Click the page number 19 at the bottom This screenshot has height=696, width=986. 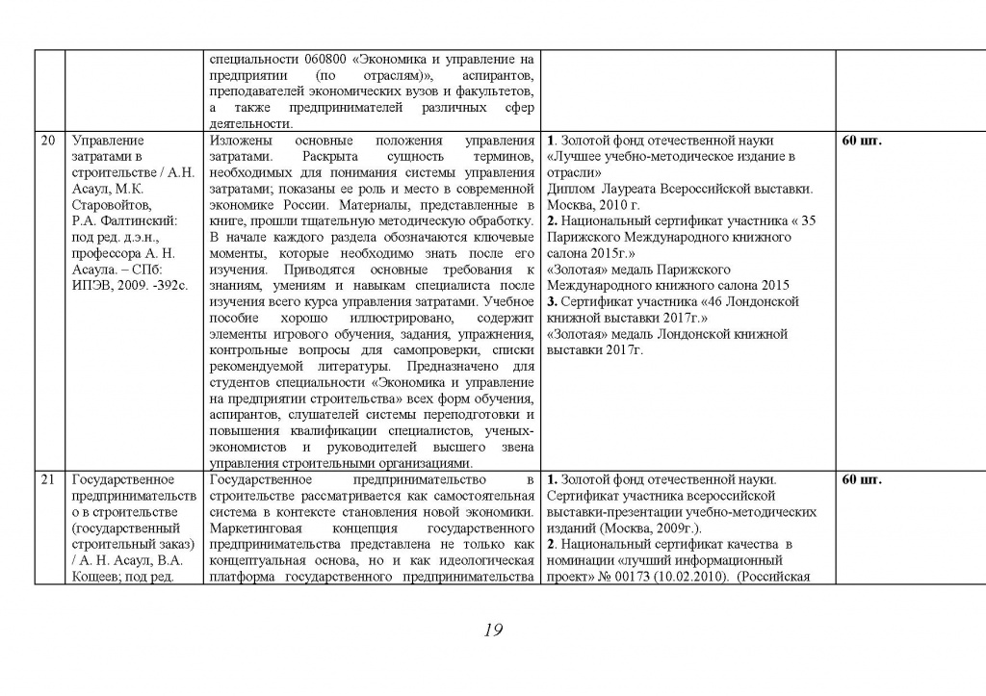point(492,631)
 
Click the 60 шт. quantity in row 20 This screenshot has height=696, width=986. point(861,141)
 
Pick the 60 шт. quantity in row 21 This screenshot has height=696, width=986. point(861,479)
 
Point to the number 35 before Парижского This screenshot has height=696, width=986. point(807,221)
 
